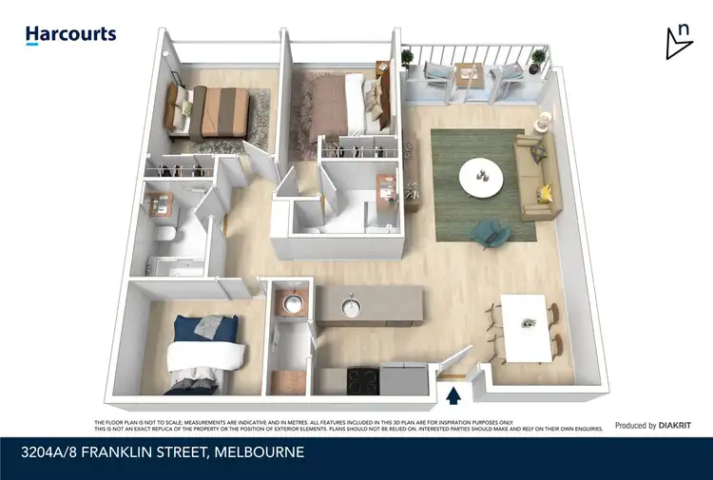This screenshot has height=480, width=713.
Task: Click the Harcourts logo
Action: (x=70, y=35)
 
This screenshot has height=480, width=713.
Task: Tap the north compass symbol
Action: (x=679, y=41)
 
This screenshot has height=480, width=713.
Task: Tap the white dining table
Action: (x=525, y=328)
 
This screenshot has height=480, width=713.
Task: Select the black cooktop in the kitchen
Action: (x=362, y=380)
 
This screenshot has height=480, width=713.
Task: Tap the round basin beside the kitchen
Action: (x=292, y=303)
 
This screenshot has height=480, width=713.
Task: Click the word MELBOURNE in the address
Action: (x=260, y=452)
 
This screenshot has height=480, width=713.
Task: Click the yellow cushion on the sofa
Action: (x=545, y=194)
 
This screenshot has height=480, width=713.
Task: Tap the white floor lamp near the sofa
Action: (x=543, y=122)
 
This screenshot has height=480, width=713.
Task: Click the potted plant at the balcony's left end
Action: (x=409, y=59)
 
